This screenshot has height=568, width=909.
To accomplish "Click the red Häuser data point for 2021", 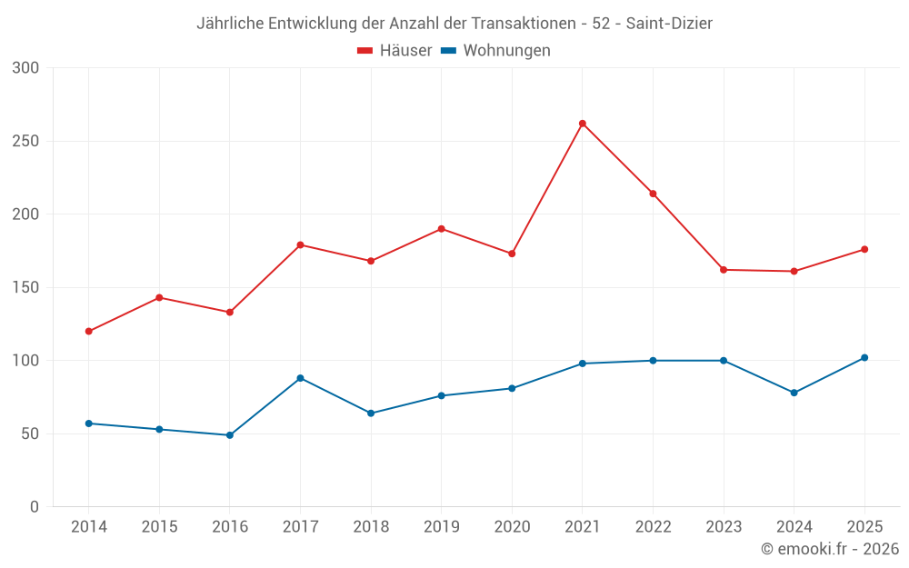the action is click(x=583, y=124).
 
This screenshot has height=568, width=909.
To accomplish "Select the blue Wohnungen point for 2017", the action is click(x=300, y=378).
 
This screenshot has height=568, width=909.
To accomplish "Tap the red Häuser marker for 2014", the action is click(x=89, y=332).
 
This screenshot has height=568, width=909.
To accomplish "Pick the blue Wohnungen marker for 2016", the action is click(x=230, y=435).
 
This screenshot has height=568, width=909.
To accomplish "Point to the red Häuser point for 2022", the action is click(x=654, y=194).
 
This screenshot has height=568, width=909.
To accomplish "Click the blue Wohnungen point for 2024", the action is click(x=794, y=393).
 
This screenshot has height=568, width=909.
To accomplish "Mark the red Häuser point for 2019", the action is click(x=442, y=229).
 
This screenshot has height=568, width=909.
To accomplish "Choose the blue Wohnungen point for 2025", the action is click(x=864, y=357).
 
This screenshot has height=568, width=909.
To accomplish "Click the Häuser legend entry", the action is click(x=395, y=50).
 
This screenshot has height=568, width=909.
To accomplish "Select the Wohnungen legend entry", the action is click(x=495, y=50).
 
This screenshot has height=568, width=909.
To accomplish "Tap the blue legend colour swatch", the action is click(x=449, y=50).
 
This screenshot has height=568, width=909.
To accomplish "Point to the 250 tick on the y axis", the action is click(x=25, y=141).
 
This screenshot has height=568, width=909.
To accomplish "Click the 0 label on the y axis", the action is click(x=35, y=507).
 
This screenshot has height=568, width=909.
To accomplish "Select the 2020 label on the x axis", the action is click(x=512, y=526).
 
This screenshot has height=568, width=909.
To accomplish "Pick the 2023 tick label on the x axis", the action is click(x=724, y=526).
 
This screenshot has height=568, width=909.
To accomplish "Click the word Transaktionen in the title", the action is click(x=524, y=24).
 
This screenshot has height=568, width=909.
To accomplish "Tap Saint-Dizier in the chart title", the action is click(x=669, y=24).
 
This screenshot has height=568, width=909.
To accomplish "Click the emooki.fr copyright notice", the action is click(x=830, y=548).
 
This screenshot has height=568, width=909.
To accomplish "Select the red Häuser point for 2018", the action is click(x=371, y=261).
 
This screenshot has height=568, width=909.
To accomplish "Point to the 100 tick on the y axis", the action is click(x=25, y=361).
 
